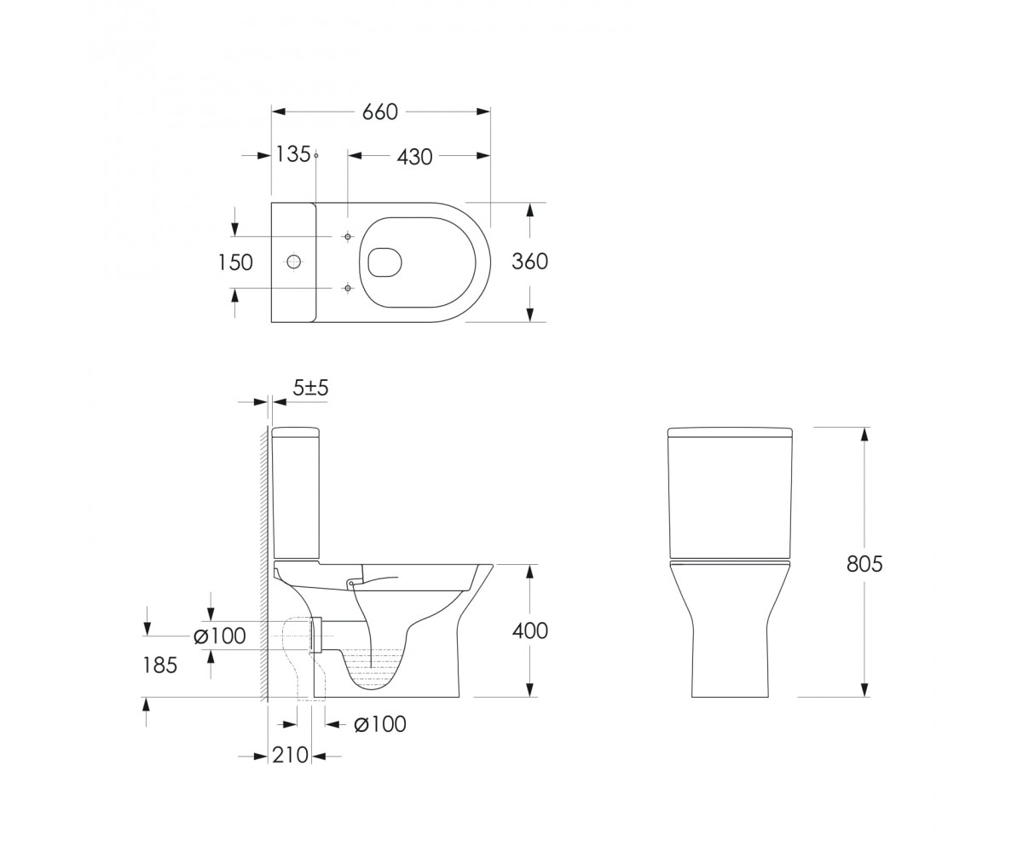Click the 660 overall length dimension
pyautogui.click(x=379, y=112)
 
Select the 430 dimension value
pyautogui.click(x=414, y=157)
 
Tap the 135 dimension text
pyautogui.click(x=293, y=154)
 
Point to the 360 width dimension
pyautogui.click(x=529, y=262)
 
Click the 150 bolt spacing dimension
pyautogui.click(x=235, y=263)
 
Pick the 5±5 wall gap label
pyautogui.click(x=310, y=389)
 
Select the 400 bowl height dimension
pyautogui.click(x=530, y=630)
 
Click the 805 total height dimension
pyautogui.click(x=864, y=564)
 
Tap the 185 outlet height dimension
pyautogui.click(x=159, y=665)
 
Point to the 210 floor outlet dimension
pyautogui.click(x=290, y=755)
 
